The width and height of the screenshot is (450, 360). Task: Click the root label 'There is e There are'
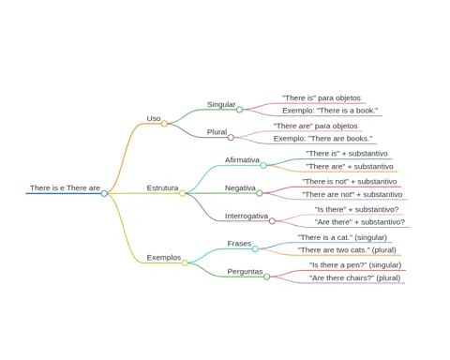tap(65, 188)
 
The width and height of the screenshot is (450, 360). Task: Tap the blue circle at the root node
tap(104, 193)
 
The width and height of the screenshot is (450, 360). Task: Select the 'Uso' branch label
tap(154, 118)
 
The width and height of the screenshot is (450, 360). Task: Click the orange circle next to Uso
tap(164, 124)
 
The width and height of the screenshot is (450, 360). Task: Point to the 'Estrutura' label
tap(162, 188)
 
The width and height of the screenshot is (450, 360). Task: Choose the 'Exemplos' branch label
tap(164, 258)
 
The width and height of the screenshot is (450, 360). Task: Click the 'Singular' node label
tap(221, 104)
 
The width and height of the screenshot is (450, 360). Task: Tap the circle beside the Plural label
tap(231, 137)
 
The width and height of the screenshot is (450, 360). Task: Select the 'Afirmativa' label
tap(242, 160)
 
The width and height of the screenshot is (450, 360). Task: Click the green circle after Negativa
tap(260, 193)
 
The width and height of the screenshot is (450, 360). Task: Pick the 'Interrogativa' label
tap(247, 216)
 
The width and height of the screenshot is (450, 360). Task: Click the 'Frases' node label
tap(239, 244)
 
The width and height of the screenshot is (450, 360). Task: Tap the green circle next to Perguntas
tap(266, 277)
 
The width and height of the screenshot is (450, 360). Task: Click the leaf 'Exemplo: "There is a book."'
tap(330, 111)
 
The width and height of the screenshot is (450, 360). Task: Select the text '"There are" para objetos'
tap(316, 126)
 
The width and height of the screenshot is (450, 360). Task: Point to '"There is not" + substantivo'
tap(350, 182)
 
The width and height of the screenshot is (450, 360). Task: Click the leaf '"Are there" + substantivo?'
tap(360, 222)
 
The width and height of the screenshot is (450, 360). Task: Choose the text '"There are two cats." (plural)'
tap(347, 250)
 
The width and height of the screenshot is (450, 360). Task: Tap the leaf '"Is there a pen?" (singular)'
tap(355, 265)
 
